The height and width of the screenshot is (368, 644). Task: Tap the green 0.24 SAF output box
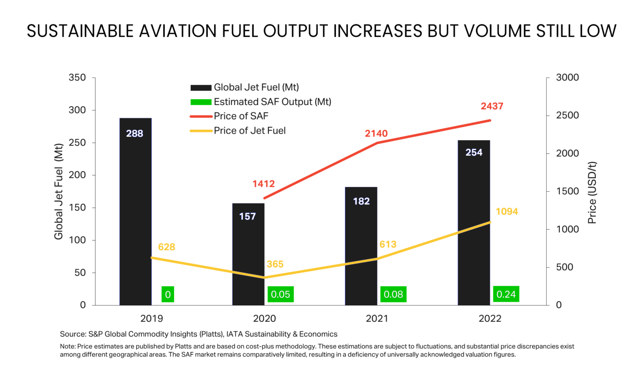coord(506,294)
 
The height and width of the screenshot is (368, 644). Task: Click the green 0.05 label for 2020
coord(280,294)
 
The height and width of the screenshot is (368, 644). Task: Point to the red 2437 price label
coord(492,106)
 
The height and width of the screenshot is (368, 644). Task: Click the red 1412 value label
coord(263,184)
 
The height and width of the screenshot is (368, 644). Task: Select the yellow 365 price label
coord(275,264)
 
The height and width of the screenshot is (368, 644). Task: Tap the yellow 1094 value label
coord(506,211)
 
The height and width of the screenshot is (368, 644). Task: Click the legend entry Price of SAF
coord(241,116)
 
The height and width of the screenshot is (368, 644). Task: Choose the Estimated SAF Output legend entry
coord(272,102)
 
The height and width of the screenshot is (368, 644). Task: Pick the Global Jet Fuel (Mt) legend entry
coord(256,87)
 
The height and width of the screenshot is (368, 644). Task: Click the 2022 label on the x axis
coord(490,318)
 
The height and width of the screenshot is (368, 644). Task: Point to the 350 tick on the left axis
coord(77,78)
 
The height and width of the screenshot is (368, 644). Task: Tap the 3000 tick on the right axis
coord(567,78)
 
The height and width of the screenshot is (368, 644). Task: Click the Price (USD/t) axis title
coord(592,193)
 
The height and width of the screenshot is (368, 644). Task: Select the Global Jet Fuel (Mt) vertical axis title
coord(58,192)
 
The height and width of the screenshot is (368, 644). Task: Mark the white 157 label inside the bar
coord(247,217)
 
